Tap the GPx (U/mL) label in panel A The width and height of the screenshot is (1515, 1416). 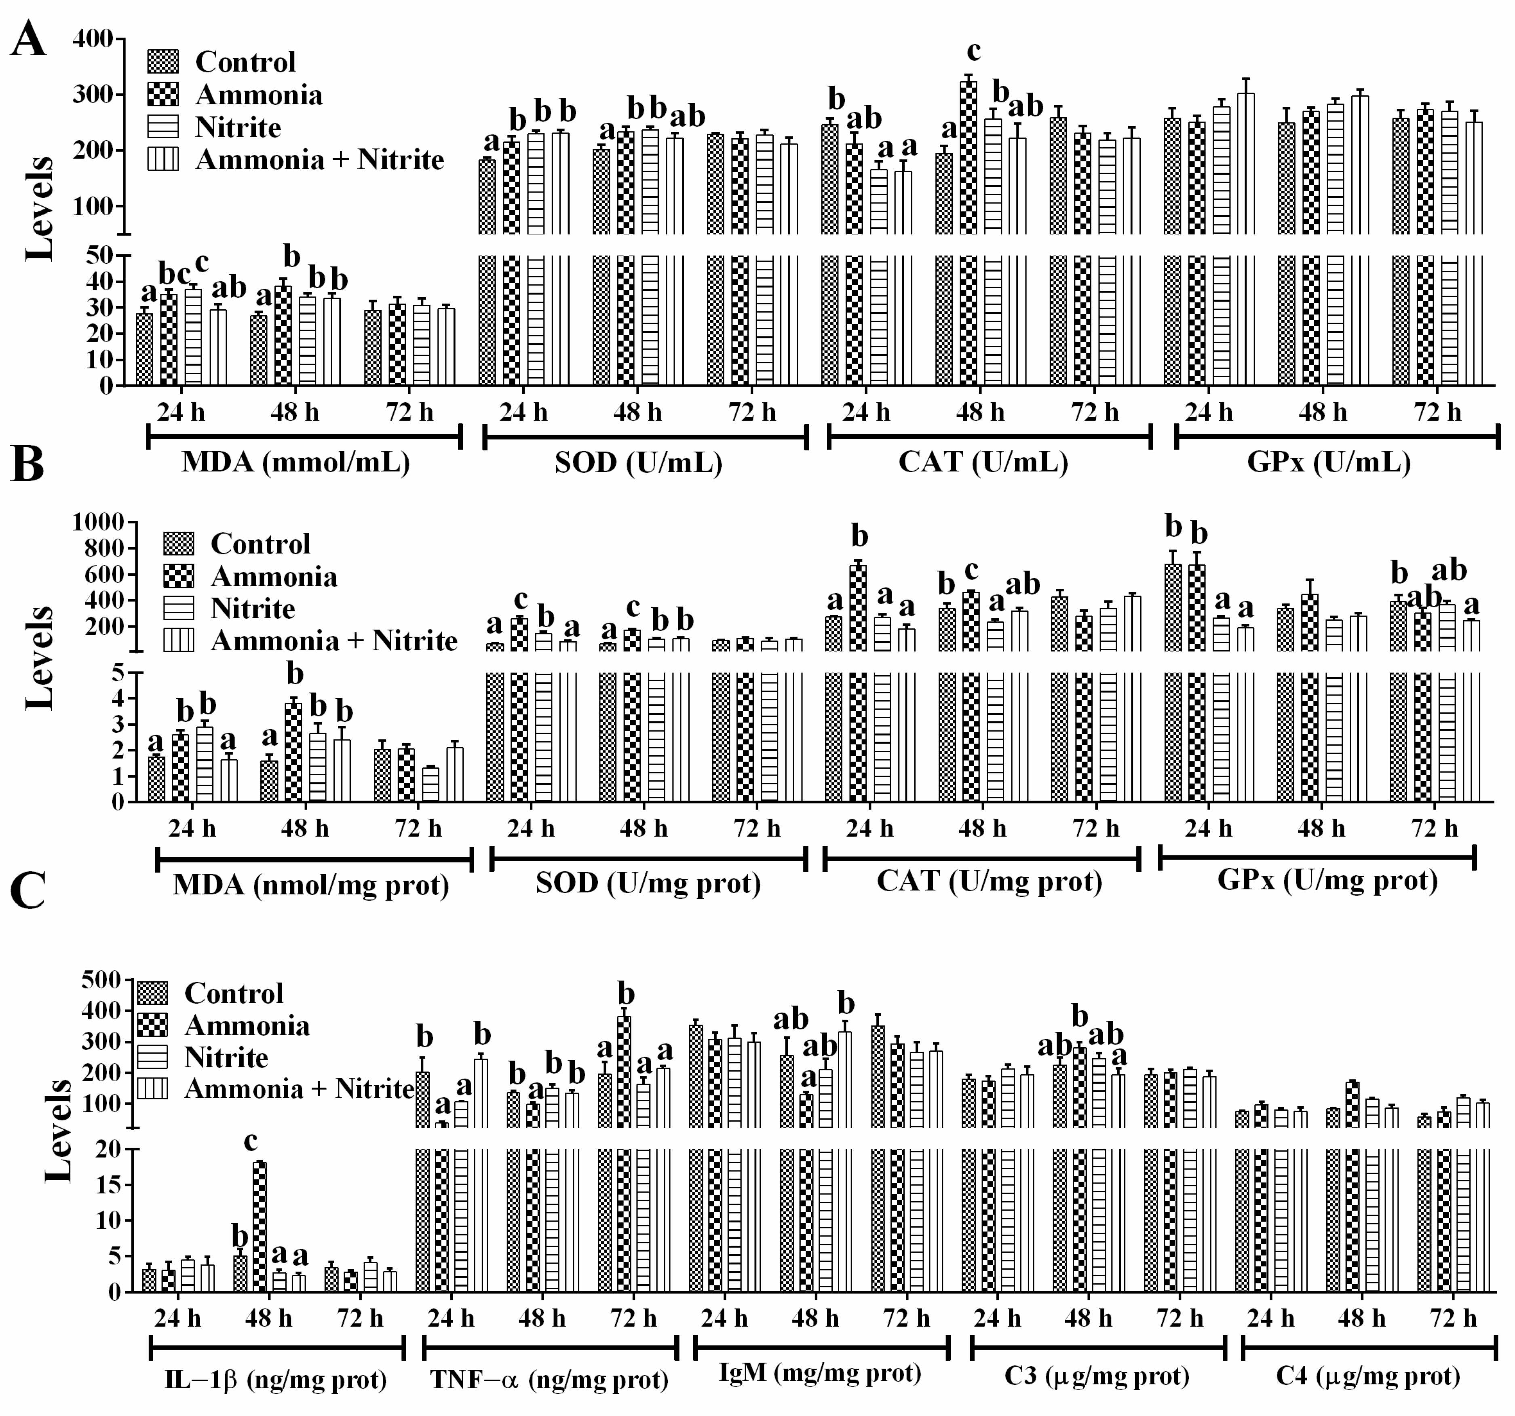[x=1328, y=462]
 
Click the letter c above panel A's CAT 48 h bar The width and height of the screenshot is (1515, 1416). [x=973, y=51]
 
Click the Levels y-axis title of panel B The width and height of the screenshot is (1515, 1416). [x=40, y=658]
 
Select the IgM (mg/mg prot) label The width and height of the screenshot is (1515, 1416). [x=820, y=1373]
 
